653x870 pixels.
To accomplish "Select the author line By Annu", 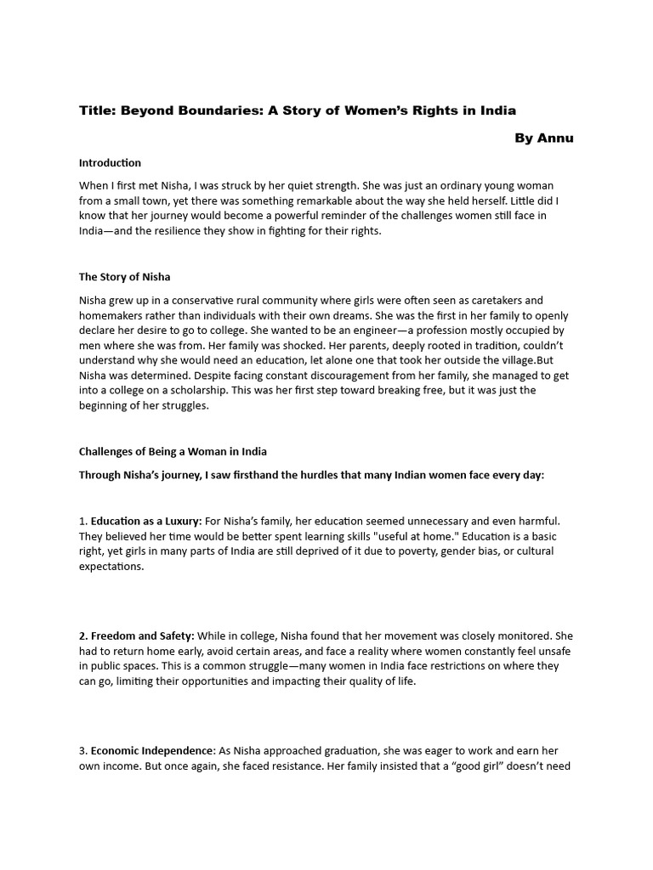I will pos(543,138).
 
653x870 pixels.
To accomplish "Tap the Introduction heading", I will pos(110,162).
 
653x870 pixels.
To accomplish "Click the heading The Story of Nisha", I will pos(125,277).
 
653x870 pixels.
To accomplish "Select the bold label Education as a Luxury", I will pos(145,520).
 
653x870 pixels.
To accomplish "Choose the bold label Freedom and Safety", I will pos(143,636).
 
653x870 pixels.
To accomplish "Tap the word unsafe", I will pos(554,651).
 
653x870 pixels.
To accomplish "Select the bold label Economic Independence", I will pos(152,751).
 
